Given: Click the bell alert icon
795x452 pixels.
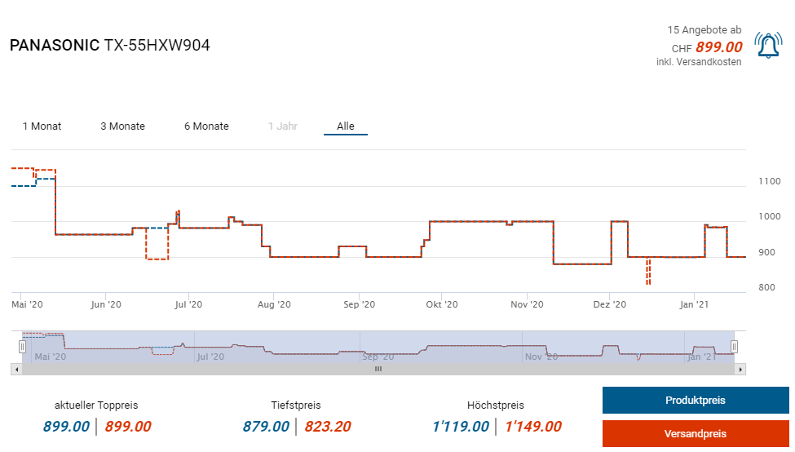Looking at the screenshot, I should coord(768,46).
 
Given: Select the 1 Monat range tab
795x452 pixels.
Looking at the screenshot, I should coord(42,126).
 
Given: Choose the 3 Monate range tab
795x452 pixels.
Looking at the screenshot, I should coord(122,126).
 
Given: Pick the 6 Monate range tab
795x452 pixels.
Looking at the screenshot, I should coord(206,126).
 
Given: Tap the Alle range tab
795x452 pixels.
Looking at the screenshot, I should coord(346,126).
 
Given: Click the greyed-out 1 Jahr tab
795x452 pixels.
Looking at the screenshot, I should coord(282,126).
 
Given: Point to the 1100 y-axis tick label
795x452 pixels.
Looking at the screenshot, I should coord(770,181).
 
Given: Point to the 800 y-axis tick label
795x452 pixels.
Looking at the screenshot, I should coord(766,287).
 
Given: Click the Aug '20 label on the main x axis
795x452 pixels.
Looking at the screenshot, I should coord(273,304).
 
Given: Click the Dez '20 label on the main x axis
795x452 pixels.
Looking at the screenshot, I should coord(609,304).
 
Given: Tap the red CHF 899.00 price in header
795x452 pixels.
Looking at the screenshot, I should coord(718,47).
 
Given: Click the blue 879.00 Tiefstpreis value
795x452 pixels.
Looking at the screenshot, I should coord(266,426).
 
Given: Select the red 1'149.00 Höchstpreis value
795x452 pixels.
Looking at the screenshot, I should coord(533,426).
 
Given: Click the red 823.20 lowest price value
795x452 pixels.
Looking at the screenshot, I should coord(328,426).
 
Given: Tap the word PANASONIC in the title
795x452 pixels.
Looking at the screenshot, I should coord(54,46).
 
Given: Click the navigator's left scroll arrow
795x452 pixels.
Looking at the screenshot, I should coord(15,369).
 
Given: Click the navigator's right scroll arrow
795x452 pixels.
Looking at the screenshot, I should coord(740,369).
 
